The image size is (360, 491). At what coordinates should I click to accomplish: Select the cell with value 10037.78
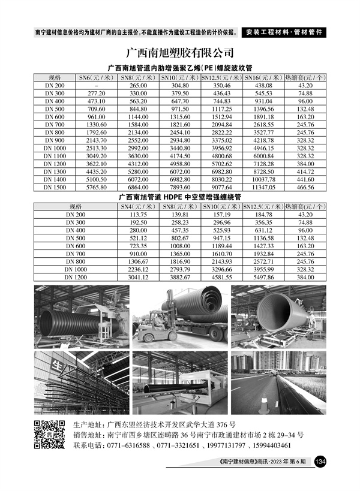pos(263,179)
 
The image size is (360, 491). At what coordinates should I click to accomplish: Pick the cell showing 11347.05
pos(263,187)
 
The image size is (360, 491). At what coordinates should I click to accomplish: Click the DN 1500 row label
pos(55,187)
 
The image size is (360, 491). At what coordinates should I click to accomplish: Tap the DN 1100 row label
pos(55,155)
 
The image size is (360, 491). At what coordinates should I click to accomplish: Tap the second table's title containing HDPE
pos(179,196)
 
